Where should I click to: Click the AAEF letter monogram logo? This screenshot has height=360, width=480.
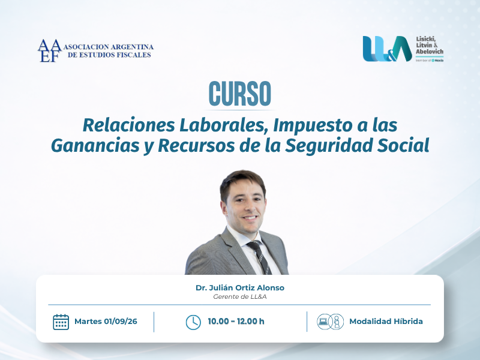pos(50,50)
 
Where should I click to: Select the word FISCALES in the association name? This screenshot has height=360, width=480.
pos(136,55)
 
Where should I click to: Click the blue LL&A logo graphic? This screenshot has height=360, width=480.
pos(387,49)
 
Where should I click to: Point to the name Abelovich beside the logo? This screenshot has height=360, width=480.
pos(430,52)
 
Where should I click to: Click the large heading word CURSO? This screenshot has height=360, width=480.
pos(239,94)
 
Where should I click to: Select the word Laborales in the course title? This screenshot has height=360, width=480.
pos(222,125)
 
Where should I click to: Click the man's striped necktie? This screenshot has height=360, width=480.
pos(260,257)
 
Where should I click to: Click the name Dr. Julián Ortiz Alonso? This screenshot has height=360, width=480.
pos(240,288)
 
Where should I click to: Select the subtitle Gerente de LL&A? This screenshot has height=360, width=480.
pos(240,296)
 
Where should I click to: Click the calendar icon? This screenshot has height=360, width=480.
pos(61,322)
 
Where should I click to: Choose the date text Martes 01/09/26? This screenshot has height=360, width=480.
pos(106,322)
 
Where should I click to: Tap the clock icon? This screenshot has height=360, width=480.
pos(193,322)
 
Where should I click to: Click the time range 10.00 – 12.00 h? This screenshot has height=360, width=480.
pos(236,322)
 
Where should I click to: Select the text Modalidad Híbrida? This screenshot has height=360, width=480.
pos(386,322)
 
